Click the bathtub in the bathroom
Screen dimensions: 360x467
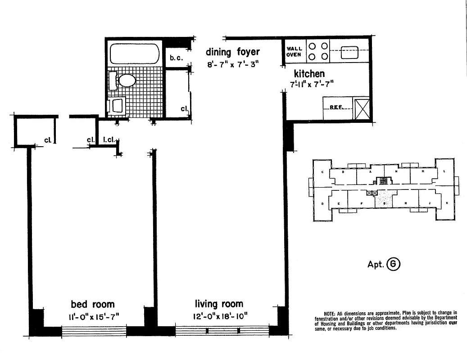click(x=134, y=54)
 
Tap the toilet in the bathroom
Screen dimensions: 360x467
click(x=126, y=81)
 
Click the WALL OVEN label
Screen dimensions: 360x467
click(x=295, y=51)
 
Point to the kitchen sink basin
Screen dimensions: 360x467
click(x=349, y=53)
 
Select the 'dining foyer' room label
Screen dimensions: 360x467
click(x=233, y=52)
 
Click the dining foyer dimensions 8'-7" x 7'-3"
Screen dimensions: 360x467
click(x=233, y=64)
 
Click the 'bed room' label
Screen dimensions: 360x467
click(x=93, y=304)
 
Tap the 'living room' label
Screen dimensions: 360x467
click(x=219, y=304)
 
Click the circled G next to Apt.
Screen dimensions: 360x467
click(x=393, y=264)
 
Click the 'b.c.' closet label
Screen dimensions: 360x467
click(x=176, y=58)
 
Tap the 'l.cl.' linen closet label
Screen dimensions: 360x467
click(x=108, y=140)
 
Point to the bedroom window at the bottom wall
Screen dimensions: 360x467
click(x=94, y=332)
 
